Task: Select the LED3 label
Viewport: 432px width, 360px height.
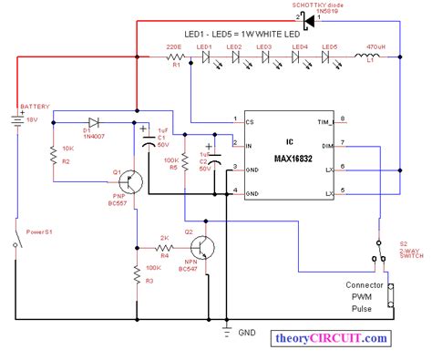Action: [263, 46]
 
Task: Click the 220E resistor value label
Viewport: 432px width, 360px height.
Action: [175, 46]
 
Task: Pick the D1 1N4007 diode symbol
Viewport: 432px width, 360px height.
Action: [94, 121]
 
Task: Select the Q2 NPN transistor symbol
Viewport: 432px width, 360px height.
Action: [208, 248]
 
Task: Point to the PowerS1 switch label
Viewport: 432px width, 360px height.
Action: [40, 233]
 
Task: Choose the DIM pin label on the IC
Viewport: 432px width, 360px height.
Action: [328, 144]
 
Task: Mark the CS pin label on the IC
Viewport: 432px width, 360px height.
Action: [251, 120]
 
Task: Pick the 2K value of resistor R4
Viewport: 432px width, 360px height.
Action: [164, 241]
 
